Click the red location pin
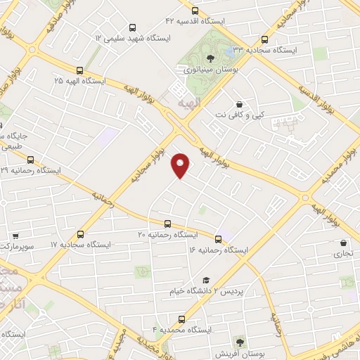pyautogui.click(x=181, y=165)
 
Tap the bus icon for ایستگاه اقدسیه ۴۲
pyautogui.click(x=194, y=11)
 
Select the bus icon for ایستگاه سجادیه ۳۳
pyautogui.click(x=264, y=40)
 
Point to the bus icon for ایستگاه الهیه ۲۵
pyautogui.click(x=79, y=70)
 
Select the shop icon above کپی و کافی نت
pyautogui.click(x=240, y=103)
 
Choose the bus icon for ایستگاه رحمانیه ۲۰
pyautogui.click(x=167, y=223)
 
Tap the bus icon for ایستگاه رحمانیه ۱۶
pyautogui.click(x=218, y=239)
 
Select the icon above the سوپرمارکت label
pyautogui.click(x=15, y=237)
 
